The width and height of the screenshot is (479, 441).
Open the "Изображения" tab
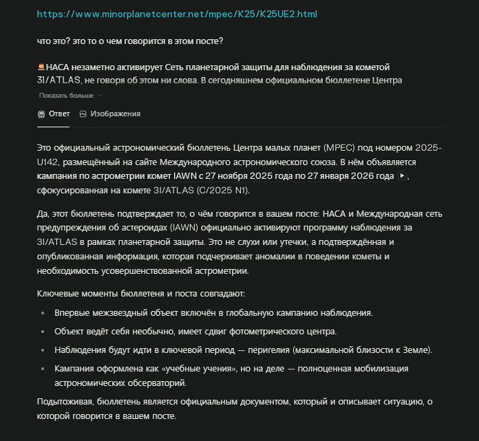115,114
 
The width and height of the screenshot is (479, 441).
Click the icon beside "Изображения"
83,114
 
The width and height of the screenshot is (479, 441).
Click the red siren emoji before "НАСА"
41,67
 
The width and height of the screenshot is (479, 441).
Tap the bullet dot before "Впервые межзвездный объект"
41,313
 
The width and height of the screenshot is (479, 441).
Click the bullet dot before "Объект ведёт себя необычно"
41,332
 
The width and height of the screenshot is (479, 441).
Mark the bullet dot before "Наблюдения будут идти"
41,350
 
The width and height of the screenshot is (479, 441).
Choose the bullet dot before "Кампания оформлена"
41,369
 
